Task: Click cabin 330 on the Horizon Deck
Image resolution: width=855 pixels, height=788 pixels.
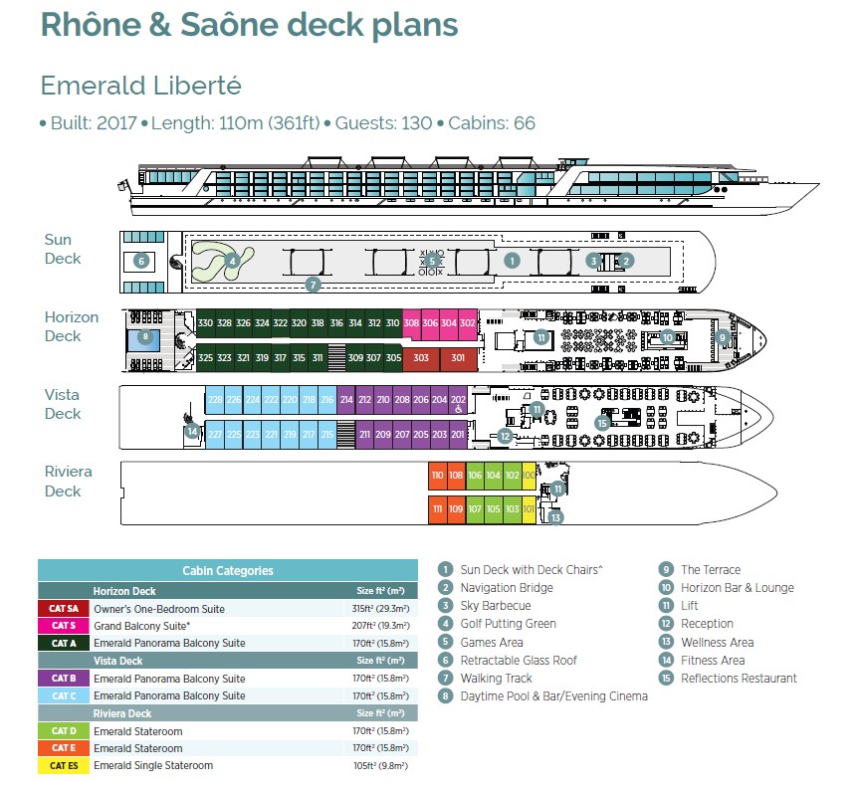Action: coord(205,323)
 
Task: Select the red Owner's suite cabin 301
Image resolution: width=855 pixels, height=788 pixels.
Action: coord(458,357)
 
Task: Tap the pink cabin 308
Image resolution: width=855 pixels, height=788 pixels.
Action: coord(411,323)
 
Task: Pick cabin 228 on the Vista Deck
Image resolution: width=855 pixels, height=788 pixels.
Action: coord(215,400)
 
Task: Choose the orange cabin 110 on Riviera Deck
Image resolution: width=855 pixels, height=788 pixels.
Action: coord(437,476)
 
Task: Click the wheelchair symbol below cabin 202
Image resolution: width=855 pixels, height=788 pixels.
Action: coord(458,408)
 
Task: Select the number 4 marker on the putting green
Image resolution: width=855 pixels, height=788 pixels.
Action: coord(232,262)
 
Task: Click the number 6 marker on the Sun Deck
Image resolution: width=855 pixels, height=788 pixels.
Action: coord(141,261)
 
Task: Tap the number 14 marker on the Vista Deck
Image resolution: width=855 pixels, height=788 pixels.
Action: coord(192,431)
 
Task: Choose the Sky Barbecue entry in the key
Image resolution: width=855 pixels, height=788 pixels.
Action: coord(494,606)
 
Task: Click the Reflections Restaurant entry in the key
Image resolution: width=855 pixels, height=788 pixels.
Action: coord(739,678)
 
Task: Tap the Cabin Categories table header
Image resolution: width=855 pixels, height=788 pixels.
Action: coord(228,570)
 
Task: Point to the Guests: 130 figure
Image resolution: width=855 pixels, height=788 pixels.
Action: coord(386,123)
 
